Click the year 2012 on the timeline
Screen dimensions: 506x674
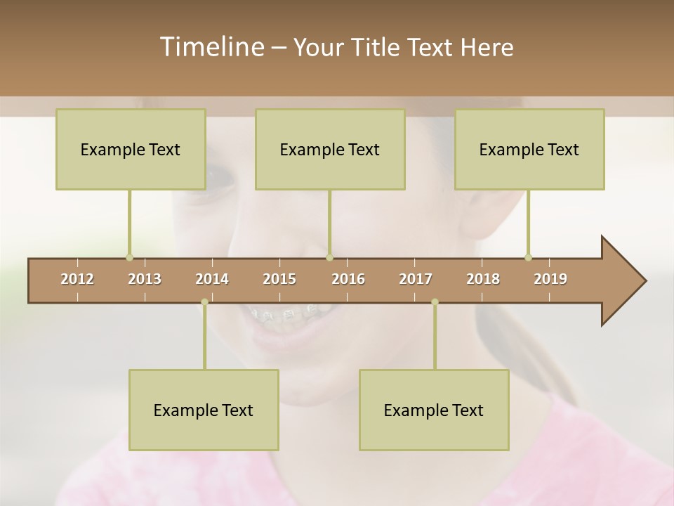[77, 279]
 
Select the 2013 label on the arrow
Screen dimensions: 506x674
[145, 279]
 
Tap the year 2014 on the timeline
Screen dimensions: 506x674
[212, 279]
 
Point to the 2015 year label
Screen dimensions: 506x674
[279, 279]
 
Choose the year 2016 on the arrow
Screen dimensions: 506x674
[348, 279]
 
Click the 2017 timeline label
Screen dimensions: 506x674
[416, 279]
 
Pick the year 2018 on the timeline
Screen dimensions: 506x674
[483, 279]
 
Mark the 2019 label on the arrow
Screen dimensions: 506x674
[550, 279]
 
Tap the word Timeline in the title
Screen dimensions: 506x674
[211, 47]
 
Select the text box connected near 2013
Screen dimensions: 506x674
[131, 149]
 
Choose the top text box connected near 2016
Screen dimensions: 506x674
[330, 149]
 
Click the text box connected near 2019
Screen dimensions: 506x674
[529, 149]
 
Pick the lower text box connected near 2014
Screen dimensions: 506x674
[204, 410]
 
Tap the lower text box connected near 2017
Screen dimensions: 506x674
[434, 410]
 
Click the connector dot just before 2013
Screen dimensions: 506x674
[129, 257]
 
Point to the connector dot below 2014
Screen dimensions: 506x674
[204, 301]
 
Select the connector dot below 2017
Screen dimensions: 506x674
[435, 301]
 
